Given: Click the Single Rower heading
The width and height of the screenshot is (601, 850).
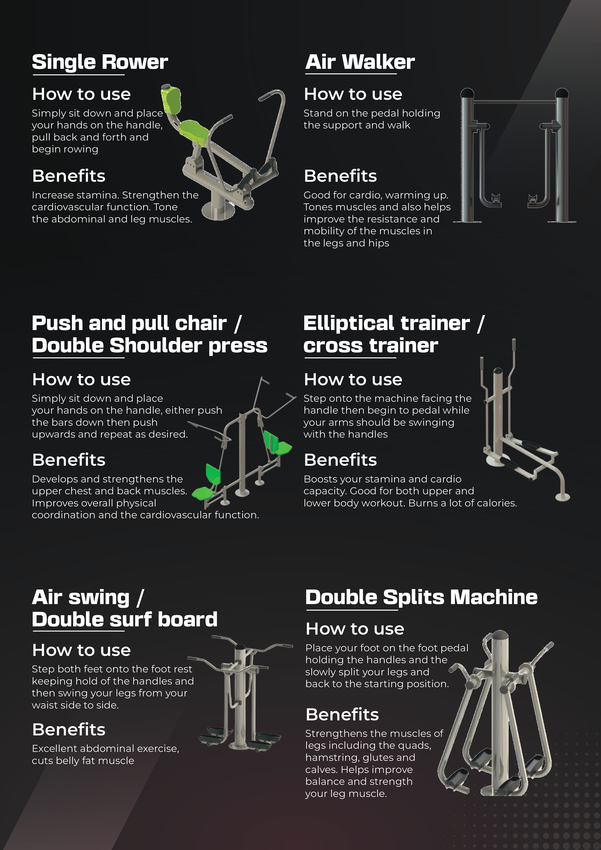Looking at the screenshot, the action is click(x=100, y=62).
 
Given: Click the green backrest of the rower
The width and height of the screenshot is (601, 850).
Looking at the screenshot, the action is click(x=171, y=99).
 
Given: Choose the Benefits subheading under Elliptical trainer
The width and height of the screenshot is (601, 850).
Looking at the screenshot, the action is click(x=340, y=460).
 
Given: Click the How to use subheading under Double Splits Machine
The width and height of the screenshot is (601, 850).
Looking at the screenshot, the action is click(x=355, y=629).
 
